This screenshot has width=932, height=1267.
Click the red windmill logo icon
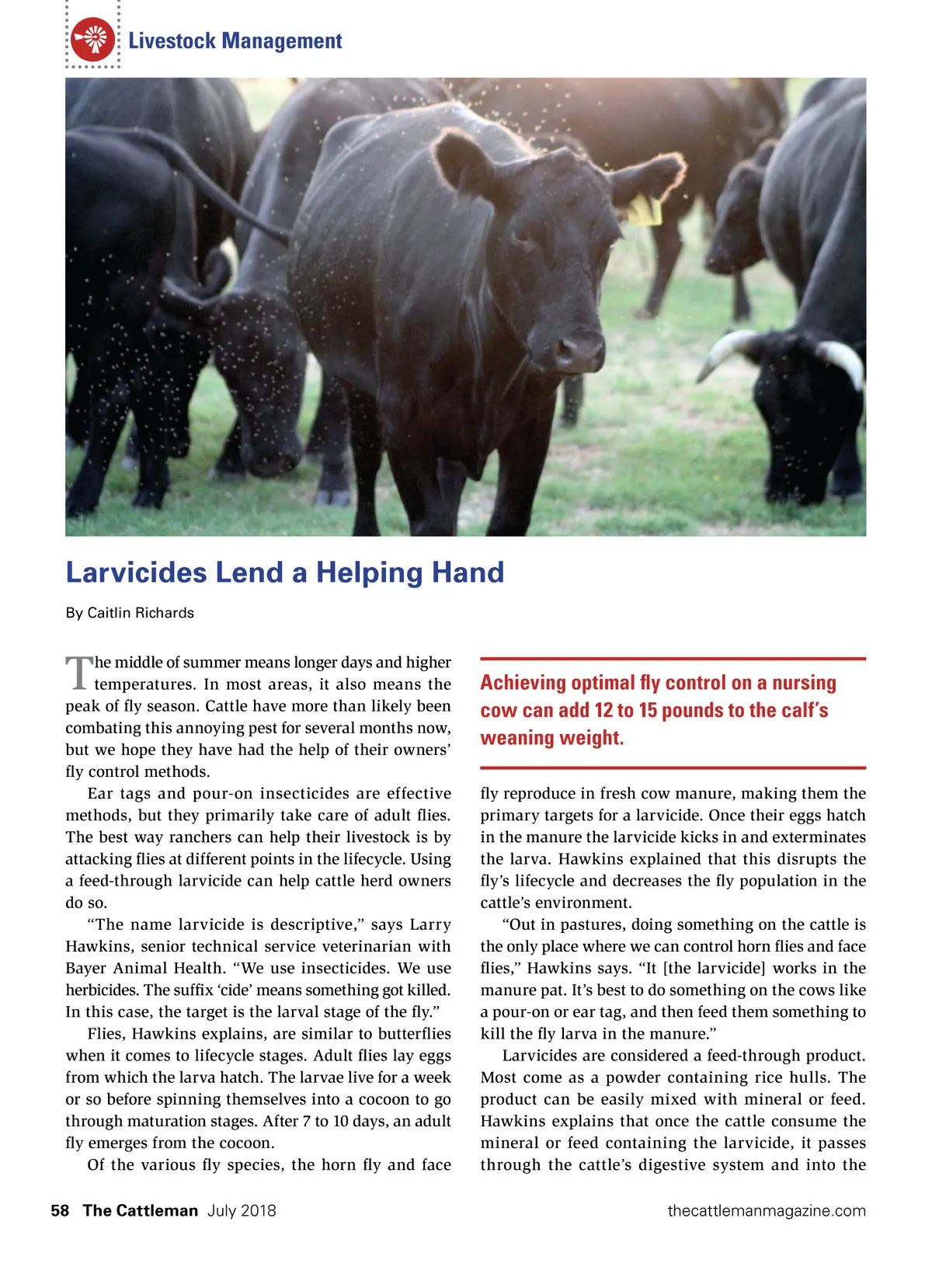[x=92, y=40]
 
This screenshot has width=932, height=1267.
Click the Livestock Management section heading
[x=235, y=41]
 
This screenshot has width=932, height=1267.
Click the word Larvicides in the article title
[x=136, y=573]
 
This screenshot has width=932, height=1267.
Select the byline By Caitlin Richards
[x=130, y=613]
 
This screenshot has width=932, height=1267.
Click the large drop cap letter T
[x=78, y=673]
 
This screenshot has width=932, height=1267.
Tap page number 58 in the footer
[x=60, y=1210]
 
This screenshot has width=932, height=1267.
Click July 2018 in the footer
[x=242, y=1210]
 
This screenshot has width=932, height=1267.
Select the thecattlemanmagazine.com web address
[x=766, y=1210]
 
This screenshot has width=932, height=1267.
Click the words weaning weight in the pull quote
[x=552, y=738]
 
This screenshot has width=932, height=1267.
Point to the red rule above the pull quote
[x=673, y=659]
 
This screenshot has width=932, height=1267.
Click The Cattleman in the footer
[x=141, y=1210]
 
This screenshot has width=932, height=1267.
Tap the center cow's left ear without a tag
[x=464, y=162]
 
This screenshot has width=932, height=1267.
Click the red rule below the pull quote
[x=673, y=768]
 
